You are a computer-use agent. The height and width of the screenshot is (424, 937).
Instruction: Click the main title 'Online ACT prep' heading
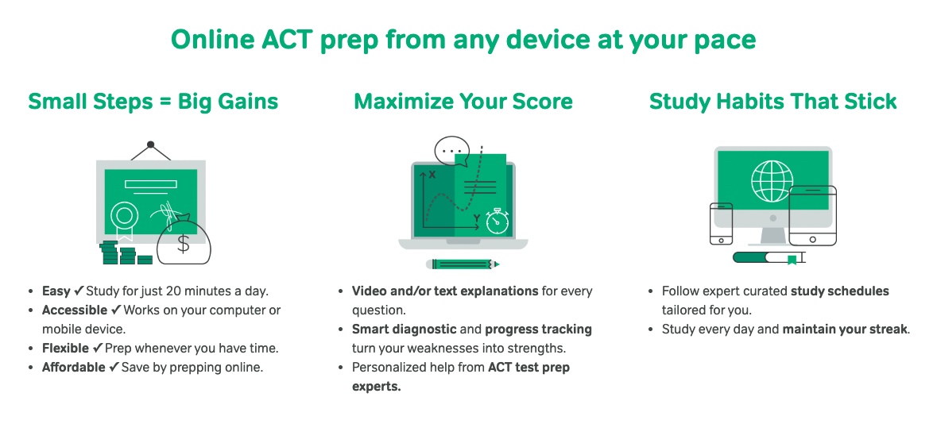click(x=463, y=40)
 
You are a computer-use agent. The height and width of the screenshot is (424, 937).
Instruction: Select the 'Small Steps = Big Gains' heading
click(x=153, y=102)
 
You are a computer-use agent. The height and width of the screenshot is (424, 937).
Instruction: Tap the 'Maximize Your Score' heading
click(x=463, y=102)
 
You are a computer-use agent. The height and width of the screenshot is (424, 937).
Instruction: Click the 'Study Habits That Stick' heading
click(x=772, y=102)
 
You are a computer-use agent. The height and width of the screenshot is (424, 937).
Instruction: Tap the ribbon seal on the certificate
click(x=124, y=216)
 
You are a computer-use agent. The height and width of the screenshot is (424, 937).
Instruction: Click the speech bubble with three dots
click(x=452, y=151)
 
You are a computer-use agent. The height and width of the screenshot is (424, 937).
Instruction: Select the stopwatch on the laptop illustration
click(x=497, y=221)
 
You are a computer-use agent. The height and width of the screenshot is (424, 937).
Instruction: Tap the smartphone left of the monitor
click(x=721, y=224)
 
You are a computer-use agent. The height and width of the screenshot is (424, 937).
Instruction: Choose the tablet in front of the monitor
click(x=811, y=215)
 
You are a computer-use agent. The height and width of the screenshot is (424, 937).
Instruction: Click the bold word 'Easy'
click(x=56, y=291)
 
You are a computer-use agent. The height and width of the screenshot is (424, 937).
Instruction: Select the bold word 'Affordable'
click(x=73, y=367)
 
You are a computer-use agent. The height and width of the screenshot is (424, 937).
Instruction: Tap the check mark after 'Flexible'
click(x=99, y=348)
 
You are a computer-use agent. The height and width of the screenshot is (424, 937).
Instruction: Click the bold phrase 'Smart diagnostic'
click(x=404, y=329)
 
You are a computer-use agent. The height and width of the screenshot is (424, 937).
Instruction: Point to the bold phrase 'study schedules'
click(x=839, y=291)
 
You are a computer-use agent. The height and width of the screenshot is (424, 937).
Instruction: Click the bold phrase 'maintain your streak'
click(x=845, y=329)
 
